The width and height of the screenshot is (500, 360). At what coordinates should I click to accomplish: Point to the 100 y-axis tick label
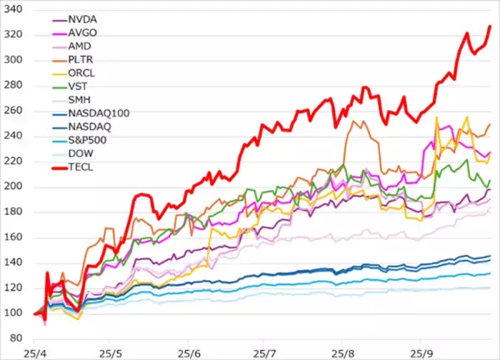16,313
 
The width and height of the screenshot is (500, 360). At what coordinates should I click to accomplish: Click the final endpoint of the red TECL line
490,26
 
